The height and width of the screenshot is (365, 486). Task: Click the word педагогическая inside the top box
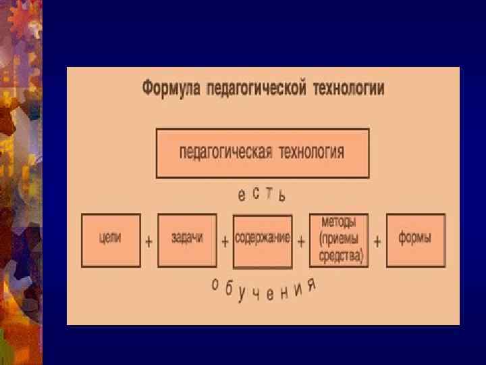(x=225, y=151)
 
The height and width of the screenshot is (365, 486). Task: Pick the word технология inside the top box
(x=311, y=151)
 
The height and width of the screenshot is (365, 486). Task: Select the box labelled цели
(x=111, y=240)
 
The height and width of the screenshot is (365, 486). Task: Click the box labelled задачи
(x=187, y=240)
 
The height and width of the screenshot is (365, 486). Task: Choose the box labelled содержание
(x=263, y=240)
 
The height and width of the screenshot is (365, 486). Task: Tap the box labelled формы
(x=415, y=240)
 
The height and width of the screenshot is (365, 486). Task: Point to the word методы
(x=340, y=222)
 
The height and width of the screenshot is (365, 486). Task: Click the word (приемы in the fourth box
(x=340, y=239)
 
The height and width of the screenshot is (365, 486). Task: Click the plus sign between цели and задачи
(x=148, y=241)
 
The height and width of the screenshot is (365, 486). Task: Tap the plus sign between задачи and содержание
(x=225, y=241)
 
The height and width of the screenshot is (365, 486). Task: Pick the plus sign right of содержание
(x=301, y=241)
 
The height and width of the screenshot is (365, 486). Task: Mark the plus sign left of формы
(x=377, y=241)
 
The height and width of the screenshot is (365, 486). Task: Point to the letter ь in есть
(x=283, y=197)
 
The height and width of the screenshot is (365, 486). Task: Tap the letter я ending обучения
(x=311, y=285)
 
